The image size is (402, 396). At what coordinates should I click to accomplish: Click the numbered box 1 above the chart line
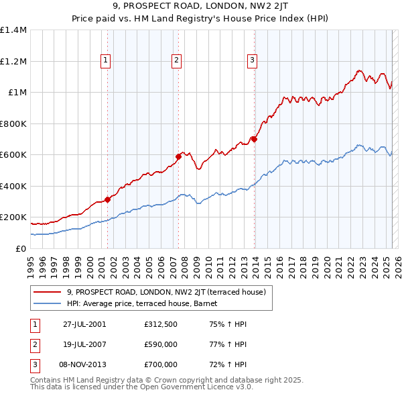105,61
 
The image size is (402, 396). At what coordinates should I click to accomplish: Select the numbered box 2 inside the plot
176,61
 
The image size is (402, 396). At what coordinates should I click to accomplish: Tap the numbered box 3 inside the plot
253,61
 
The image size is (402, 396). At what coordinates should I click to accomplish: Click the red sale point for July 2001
108,199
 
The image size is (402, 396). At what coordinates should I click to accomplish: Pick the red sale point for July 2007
178,156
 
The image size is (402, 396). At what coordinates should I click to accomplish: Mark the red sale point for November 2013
254,140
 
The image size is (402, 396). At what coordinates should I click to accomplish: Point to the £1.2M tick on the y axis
13,62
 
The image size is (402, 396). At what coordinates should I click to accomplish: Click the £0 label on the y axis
21,248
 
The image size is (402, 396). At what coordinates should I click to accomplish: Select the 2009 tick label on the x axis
197,268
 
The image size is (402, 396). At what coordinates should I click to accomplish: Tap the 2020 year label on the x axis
327,268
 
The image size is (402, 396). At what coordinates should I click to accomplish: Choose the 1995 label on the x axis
31,268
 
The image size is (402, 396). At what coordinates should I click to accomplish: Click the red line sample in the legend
47,292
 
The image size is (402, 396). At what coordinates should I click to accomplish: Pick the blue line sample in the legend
47,303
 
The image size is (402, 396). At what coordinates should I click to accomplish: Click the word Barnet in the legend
206,303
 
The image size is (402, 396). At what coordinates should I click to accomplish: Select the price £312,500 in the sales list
161,324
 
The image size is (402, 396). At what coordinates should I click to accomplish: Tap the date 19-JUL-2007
84,344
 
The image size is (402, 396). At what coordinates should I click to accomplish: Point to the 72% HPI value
228,364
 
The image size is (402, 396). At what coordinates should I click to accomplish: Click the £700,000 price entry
161,364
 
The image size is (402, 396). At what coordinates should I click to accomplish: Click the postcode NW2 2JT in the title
269,6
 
